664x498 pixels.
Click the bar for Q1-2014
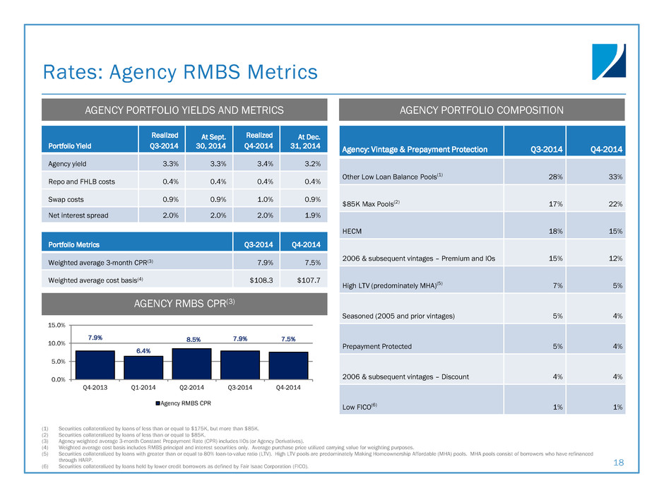(x=143, y=367)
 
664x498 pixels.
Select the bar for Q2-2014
(x=191, y=364)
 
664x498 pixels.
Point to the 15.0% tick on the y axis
(x=56, y=326)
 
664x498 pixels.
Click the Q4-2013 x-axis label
(x=95, y=387)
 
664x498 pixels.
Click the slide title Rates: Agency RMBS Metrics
(x=179, y=72)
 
